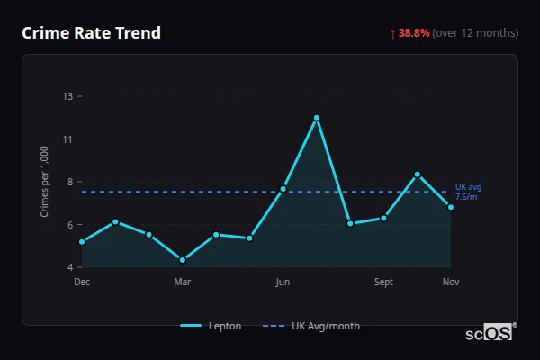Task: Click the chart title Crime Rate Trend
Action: [x=91, y=33]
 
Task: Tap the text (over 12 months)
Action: [x=475, y=33]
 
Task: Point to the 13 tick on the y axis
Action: [x=67, y=96]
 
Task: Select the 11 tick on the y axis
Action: [x=67, y=139]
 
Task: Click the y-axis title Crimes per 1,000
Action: [x=44, y=182]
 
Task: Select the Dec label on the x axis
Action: [x=82, y=282]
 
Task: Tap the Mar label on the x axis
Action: [x=183, y=282]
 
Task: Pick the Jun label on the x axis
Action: [x=283, y=282]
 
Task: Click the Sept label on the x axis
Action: [x=384, y=282]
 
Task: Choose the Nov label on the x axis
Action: [x=451, y=282]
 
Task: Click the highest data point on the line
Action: [x=317, y=118]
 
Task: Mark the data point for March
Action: [x=183, y=260]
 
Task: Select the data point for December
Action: [x=82, y=242]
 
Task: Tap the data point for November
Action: [x=451, y=207]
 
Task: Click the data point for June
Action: [x=283, y=189]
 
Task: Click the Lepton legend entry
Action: [x=211, y=326]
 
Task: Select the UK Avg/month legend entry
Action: [x=311, y=326]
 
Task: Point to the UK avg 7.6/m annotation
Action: [x=468, y=192]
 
